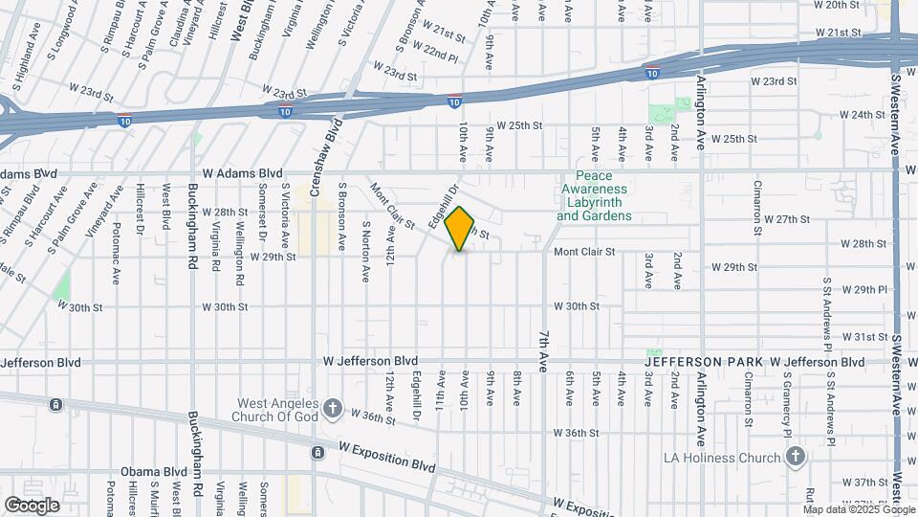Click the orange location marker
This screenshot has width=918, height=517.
tap(460, 229)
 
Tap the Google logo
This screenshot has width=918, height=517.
tap(32, 505)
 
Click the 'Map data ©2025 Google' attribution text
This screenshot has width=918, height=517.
tap(857, 507)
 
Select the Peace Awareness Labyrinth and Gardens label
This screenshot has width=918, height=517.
tap(594, 196)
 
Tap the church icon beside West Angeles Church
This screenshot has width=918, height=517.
tap(333, 410)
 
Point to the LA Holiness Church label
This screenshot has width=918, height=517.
tap(723, 458)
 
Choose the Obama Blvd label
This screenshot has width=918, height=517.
tap(151, 472)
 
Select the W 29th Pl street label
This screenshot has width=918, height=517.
tap(871, 289)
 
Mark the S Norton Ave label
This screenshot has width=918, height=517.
tap(366, 252)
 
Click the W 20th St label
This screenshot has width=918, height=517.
tap(837, 5)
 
